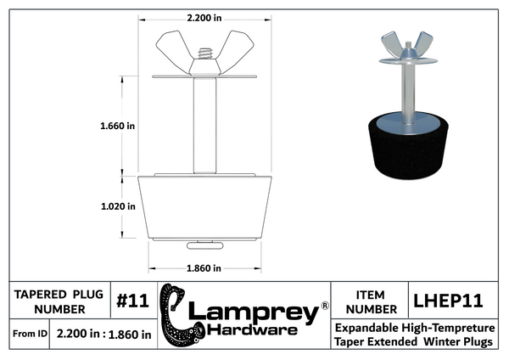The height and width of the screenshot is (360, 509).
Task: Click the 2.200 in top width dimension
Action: (x=204, y=18)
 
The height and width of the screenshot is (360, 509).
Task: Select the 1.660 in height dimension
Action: (x=118, y=126)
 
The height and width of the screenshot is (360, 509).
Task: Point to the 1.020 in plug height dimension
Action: (x=118, y=206)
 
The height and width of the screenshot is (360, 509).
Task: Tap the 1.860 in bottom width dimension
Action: (x=204, y=268)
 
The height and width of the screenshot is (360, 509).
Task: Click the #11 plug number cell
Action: (x=133, y=301)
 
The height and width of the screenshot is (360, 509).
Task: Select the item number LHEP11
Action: (x=448, y=301)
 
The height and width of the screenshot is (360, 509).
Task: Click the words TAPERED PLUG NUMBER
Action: (x=59, y=302)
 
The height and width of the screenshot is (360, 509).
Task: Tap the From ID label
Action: (x=30, y=334)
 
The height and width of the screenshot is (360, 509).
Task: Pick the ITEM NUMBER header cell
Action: (x=371, y=302)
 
